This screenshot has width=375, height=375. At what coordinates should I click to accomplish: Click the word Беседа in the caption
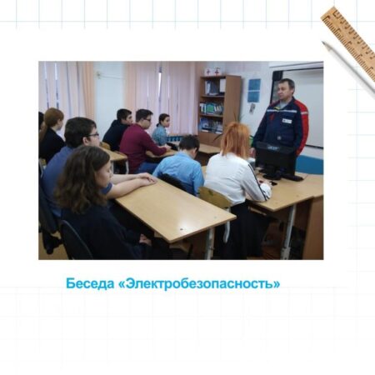tap(90, 283)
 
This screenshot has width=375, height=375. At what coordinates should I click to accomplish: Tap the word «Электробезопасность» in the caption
tap(199, 283)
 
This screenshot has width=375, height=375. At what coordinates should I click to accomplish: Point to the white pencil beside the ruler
tap(348, 68)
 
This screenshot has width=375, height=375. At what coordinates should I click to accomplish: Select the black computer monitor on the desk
tap(276, 159)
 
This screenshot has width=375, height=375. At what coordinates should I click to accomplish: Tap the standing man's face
tap(284, 90)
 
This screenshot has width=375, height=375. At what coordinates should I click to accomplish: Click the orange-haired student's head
tap(236, 139)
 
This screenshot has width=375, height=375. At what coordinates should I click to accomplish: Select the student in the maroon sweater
tap(142, 141)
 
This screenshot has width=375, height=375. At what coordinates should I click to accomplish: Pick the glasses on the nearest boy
tap(92, 136)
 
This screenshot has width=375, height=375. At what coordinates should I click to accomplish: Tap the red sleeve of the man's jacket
tap(302, 124)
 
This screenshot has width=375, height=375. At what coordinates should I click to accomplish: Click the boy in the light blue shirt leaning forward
tap(182, 165)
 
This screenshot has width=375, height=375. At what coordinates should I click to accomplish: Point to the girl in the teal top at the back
tap(162, 130)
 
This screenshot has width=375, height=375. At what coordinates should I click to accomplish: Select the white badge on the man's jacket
tap(287, 121)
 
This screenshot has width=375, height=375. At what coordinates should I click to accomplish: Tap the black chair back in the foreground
tap(74, 240)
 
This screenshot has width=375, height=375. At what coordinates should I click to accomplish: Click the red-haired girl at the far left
tap(52, 134)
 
